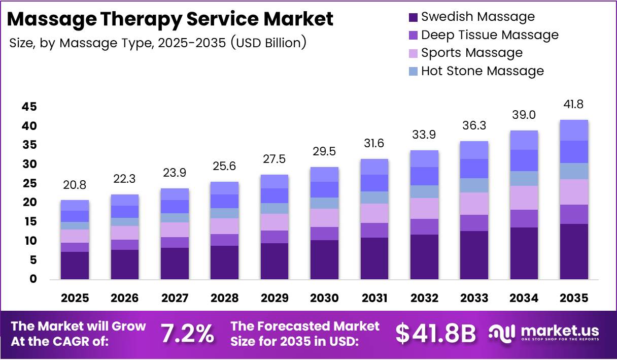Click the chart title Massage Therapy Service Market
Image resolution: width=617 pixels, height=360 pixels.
[x=170, y=19]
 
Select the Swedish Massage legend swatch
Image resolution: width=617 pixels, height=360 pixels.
[x=413, y=17]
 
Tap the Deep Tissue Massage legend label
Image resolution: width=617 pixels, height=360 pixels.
[x=490, y=35]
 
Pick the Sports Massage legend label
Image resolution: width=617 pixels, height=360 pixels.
[x=471, y=53]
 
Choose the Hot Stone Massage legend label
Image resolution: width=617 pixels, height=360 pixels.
[x=482, y=71]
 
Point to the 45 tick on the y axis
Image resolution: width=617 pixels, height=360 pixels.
[x=29, y=107]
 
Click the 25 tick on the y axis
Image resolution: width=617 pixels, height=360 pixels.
[x=29, y=183]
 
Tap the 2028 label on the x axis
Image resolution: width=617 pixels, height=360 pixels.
[x=225, y=298]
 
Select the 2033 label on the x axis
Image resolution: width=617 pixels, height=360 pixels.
[x=474, y=298]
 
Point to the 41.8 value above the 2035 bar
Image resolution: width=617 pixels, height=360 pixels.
[x=573, y=105]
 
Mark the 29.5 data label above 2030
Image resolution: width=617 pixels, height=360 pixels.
[x=324, y=151]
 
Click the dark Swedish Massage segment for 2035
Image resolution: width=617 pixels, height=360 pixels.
[x=574, y=251]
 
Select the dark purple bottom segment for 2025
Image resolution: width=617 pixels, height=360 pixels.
[x=75, y=266]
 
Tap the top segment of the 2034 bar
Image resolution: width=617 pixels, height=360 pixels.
[x=524, y=140]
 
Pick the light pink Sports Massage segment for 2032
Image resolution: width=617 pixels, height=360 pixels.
[x=424, y=208]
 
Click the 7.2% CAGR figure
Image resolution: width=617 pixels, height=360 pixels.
[x=187, y=334]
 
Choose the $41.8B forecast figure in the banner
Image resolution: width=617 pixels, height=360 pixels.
[x=436, y=334]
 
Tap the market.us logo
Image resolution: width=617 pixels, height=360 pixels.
[x=543, y=333]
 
